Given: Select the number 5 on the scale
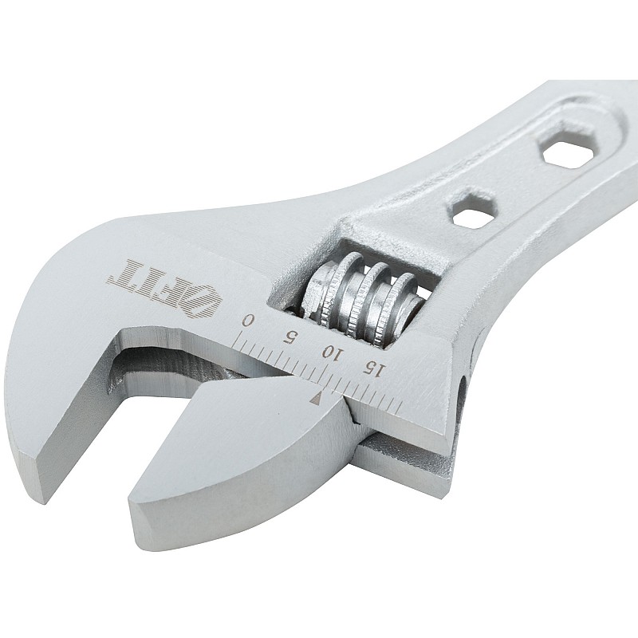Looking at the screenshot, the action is (291, 337).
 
